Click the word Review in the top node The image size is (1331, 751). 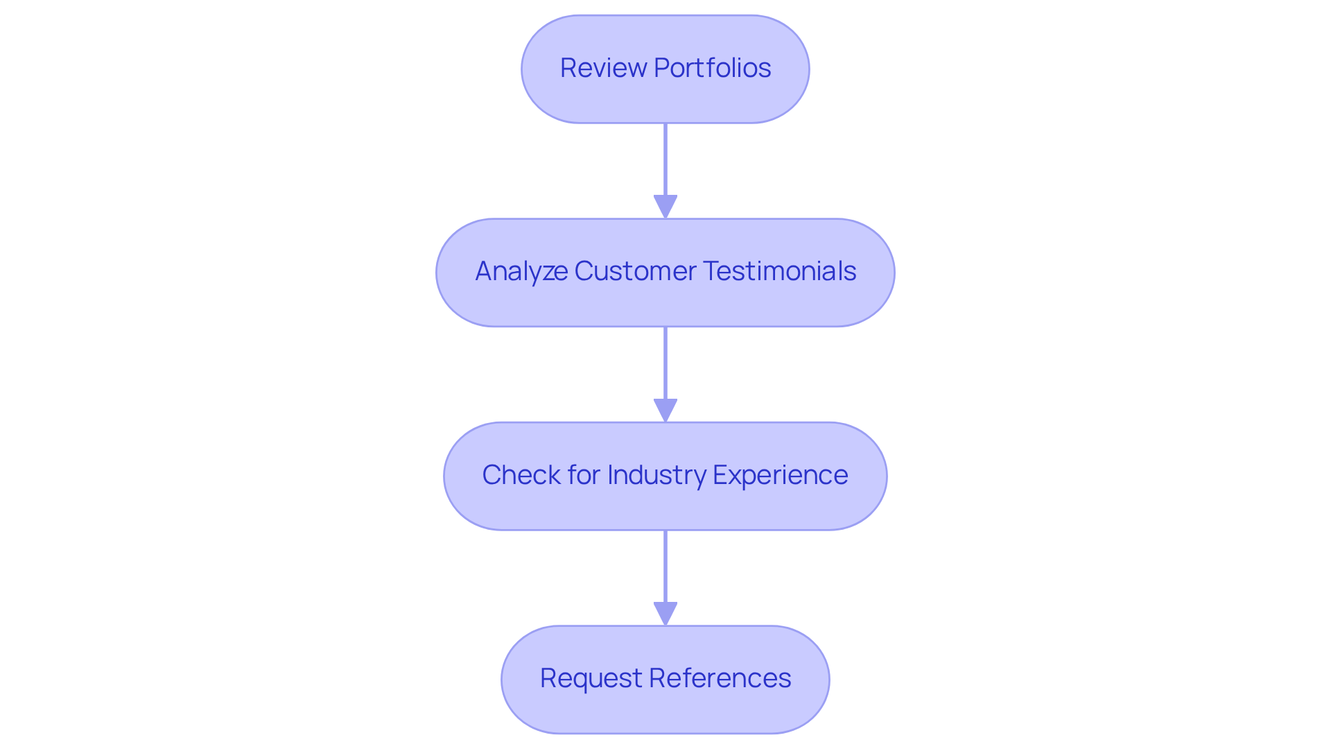[x=602, y=68]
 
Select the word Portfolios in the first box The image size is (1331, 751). [x=712, y=68]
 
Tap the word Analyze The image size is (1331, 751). [x=521, y=271]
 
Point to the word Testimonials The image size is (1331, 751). [x=779, y=271]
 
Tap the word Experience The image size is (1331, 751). [x=780, y=475]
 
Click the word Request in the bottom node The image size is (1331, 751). [x=591, y=678]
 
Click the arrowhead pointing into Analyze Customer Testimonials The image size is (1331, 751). [x=665, y=207]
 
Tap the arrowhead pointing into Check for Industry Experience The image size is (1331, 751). [x=665, y=410]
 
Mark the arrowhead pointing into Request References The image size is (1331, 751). [x=665, y=614]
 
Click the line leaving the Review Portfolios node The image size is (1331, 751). [x=665, y=159]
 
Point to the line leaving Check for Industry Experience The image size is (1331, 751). [x=665, y=567]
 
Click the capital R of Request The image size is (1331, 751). [x=548, y=678]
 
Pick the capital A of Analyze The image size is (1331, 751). [x=484, y=271]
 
